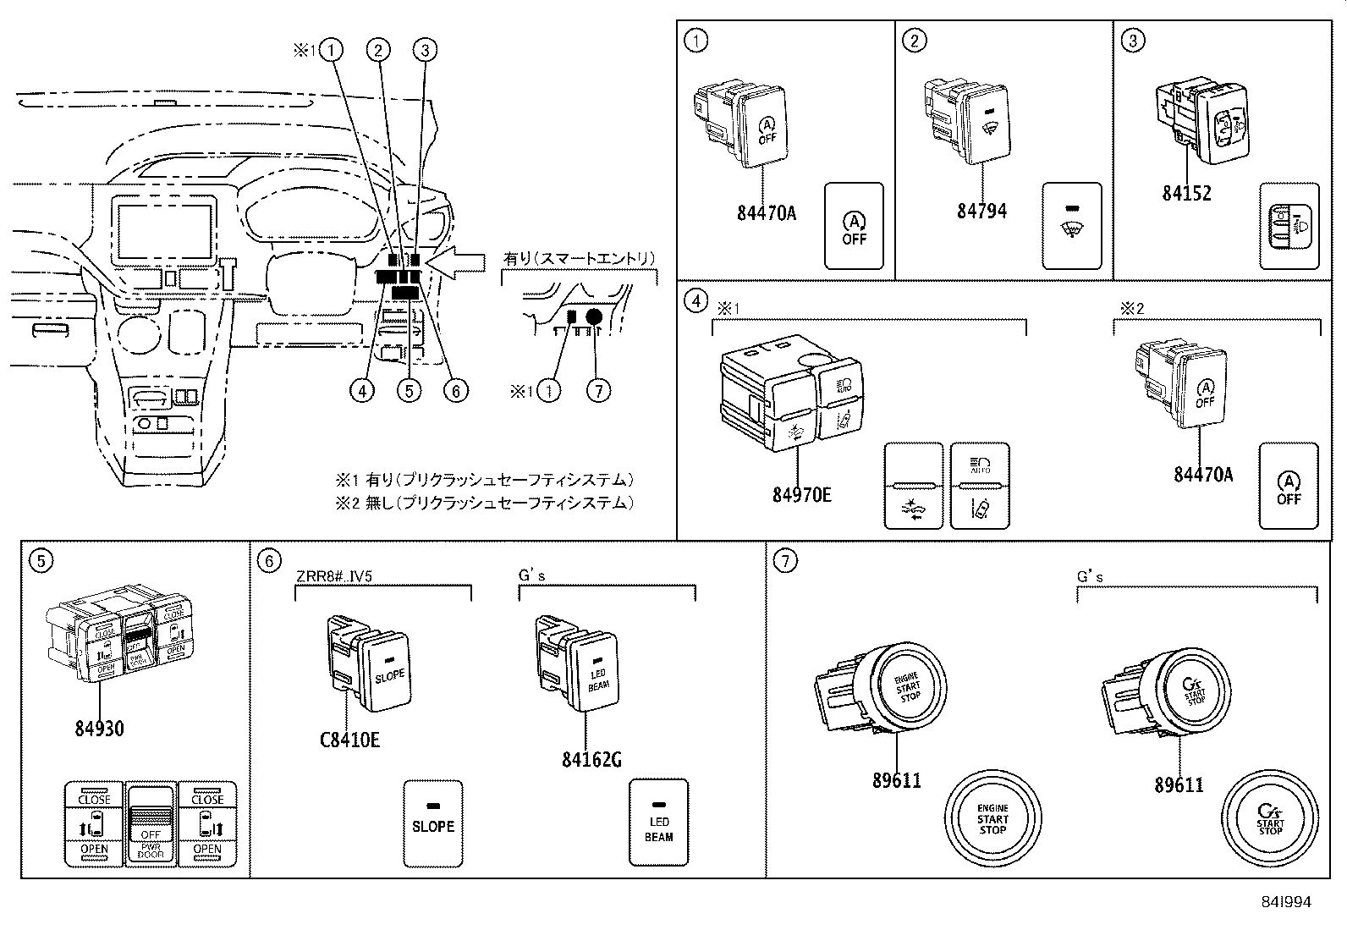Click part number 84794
(x=981, y=211)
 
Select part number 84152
(x=1186, y=193)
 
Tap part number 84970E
(x=801, y=494)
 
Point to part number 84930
(x=99, y=728)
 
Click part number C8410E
(x=349, y=740)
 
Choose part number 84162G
(x=591, y=760)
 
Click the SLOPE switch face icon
(x=433, y=823)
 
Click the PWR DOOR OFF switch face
(x=151, y=824)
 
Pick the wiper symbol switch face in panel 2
(x=1072, y=224)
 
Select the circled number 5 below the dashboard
(x=409, y=391)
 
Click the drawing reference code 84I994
(x=1284, y=902)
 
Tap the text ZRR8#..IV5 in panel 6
(x=334, y=576)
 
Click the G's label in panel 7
(x=1090, y=576)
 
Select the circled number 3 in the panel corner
(x=1133, y=40)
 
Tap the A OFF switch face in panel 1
(x=854, y=227)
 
